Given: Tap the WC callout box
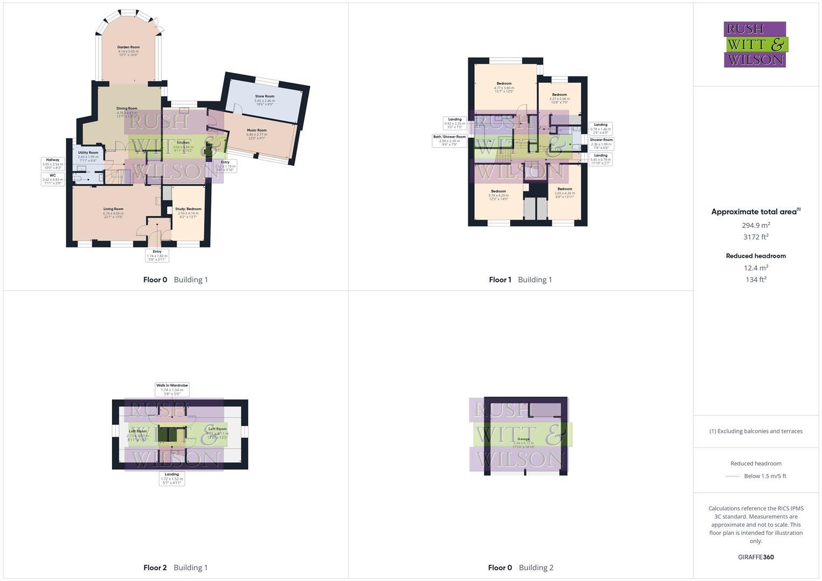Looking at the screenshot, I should (x=53, y=179).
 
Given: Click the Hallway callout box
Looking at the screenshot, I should (x=53, y=164).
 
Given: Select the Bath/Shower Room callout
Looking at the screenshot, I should (x=449, y=140).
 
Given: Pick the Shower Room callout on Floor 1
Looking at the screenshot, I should (x=601, y=143).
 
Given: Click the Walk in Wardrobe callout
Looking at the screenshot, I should (x=172, y=389).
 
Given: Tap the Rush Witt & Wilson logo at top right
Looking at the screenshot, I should (x=755, y=44).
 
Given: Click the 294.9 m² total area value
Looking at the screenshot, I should (x=756, y=225).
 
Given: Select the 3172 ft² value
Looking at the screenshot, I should (x=756, y=237).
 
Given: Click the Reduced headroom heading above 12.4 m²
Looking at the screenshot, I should (x=756, y=256).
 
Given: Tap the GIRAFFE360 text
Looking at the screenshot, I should (x=756, y=557).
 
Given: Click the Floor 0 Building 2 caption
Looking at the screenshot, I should (x=521, y=568).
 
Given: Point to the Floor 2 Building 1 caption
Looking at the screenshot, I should (x=175, y=568).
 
